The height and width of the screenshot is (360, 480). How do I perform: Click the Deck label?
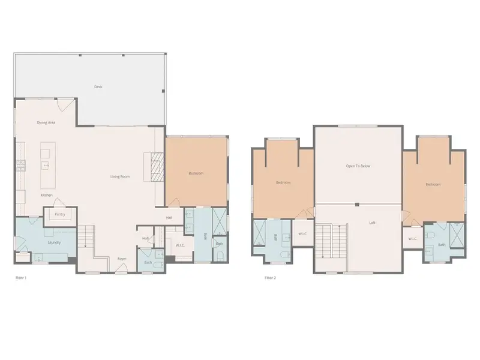98,87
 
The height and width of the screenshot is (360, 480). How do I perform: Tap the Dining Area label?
46,122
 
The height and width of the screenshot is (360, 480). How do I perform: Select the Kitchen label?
47,196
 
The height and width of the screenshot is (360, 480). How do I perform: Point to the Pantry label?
60,214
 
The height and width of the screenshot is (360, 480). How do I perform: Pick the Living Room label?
120,176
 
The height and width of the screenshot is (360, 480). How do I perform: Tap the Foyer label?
122,259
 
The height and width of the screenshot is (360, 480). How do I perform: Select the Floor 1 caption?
21,278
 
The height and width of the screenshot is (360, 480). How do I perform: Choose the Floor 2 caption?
270,278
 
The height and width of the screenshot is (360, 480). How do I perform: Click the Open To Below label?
358,166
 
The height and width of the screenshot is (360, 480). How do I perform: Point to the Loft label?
372,223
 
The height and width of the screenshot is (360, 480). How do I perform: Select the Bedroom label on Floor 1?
196,173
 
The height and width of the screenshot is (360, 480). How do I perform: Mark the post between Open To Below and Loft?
357,205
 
